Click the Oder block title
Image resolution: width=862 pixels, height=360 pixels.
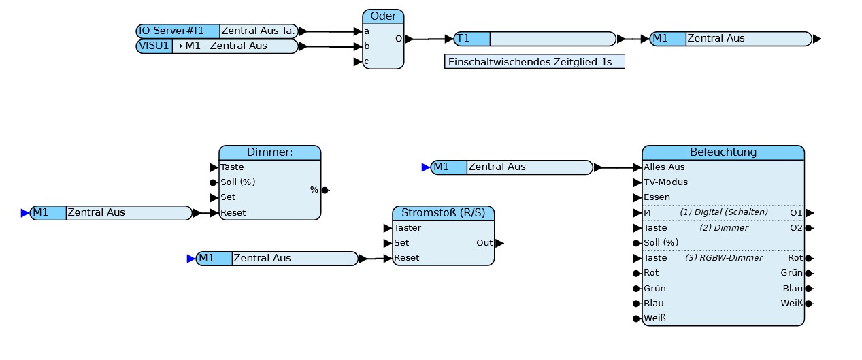[x=383, y=16]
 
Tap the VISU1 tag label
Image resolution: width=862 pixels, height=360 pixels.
[x=154, y=46]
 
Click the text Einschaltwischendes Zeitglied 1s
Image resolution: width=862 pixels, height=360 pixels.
[x=530, y=62]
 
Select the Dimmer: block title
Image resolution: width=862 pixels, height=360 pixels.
[x=270, y=152]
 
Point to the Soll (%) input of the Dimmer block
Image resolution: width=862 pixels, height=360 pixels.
[x=238, y=182]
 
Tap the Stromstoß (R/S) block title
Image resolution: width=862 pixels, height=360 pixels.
[x=444, y=213]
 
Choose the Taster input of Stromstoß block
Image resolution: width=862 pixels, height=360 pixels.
[x=408, y=228]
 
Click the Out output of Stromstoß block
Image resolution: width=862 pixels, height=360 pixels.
[x=484, y=243]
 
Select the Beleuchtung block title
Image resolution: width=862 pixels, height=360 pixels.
[x=723, y=152]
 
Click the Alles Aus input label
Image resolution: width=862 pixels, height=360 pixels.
[x=664, y=167]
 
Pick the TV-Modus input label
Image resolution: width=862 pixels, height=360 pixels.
[x=666, y=182]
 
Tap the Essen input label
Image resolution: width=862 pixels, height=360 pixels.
[x=657, y=197]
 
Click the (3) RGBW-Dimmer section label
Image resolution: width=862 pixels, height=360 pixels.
[x=724, y=258]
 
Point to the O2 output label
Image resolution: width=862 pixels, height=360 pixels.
[x=796, y=228]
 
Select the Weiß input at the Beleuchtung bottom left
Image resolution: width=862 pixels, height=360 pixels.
[x=654, y=318]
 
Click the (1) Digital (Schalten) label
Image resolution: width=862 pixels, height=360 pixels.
[x=724, y=212]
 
